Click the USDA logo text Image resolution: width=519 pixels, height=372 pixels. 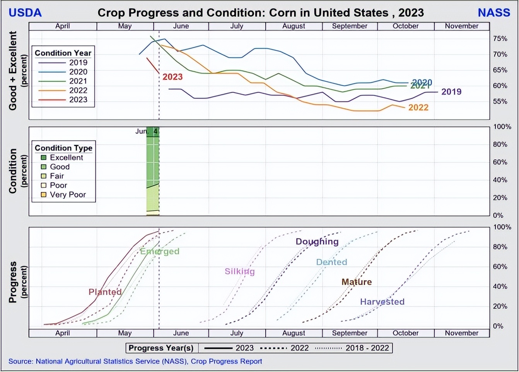pos(25,13)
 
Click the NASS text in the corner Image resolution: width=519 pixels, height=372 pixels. pos(493,13)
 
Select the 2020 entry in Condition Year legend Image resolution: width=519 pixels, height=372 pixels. pos(78,72)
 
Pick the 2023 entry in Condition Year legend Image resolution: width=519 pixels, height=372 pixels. pos(78,100)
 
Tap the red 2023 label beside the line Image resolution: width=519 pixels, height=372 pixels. pos(172,77)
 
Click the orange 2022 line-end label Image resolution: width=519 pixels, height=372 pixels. pos(418,108)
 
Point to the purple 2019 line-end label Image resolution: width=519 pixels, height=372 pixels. pos(451,92)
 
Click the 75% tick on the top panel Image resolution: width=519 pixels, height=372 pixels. pos(500,39)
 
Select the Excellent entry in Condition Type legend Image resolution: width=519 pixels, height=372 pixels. pos(66,157)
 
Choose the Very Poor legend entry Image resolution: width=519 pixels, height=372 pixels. pos(68,194)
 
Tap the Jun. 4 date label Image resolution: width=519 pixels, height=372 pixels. pos(146,131)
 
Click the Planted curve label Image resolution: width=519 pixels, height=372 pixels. pos(105,292)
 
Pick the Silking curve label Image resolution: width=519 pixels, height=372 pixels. pos(239,271)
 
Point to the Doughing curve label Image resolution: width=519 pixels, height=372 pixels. pos(317,242)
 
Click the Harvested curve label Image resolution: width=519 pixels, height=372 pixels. pos(382,301)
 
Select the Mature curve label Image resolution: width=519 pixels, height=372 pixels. pos(356,282)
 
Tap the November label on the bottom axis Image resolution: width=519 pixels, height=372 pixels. pos(461,333)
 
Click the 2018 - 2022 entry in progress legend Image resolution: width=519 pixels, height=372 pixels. pos(367,348)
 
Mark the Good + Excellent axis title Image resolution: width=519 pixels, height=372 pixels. pos(13,71)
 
